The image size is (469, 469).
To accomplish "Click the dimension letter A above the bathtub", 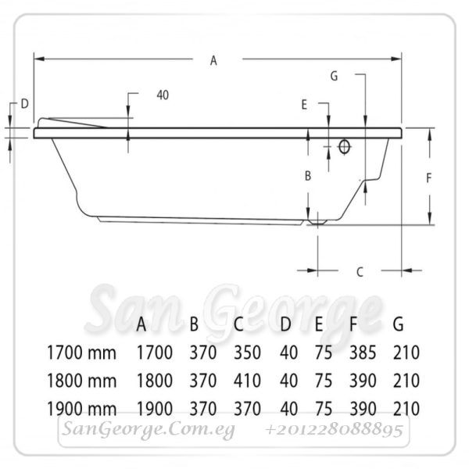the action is tap(213, 61).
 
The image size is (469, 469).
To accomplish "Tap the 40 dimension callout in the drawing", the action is tap(163, 95).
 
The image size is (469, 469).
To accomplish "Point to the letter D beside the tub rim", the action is tap(24, 104).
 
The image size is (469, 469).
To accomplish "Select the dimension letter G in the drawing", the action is tap(334, 77).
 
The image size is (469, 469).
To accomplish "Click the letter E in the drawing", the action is tap(304, 105).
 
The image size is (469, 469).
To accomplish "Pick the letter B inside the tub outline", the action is tap(308, 176).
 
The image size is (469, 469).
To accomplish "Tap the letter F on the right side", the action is tap(428, 178).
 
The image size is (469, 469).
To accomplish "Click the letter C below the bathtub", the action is tap(360, 272).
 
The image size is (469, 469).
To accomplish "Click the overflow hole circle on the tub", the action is tap(344, 147).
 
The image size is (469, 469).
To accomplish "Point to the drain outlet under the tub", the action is tap(317, 222).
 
